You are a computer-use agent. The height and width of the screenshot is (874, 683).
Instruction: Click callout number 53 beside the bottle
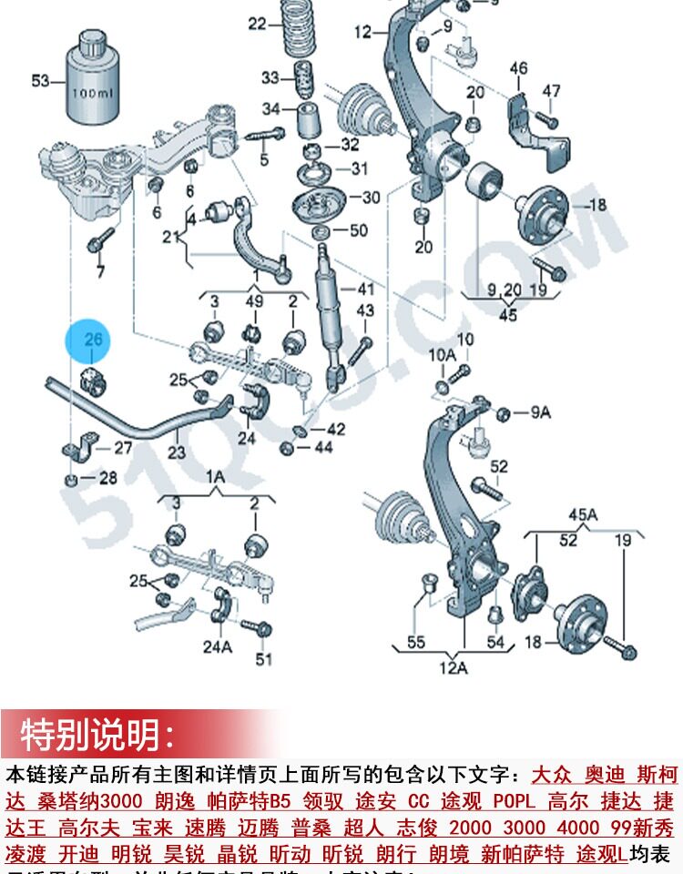40,81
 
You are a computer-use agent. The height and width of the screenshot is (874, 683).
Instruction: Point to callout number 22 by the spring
257,23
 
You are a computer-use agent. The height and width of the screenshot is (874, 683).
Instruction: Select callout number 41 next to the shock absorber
365,290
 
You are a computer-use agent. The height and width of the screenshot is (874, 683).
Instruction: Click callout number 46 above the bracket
518,68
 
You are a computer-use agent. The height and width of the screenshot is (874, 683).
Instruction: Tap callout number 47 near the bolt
552,90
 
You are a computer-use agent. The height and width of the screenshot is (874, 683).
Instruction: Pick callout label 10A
442,353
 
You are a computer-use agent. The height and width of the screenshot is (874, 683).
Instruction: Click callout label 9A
541,412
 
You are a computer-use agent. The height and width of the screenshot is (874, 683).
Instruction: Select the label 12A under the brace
454,668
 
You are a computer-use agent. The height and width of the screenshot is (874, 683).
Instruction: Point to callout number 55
416,643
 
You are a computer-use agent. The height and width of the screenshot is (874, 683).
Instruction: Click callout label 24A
218,647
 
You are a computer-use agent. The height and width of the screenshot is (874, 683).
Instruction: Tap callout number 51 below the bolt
264,659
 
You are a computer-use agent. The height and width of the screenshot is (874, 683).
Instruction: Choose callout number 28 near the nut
107,478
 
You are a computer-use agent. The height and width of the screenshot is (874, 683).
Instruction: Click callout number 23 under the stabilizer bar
176,451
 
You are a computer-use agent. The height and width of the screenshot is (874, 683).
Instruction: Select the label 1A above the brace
215,475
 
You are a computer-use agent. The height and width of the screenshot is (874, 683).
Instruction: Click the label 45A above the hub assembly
583,515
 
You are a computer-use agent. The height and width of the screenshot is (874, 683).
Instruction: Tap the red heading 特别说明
97,734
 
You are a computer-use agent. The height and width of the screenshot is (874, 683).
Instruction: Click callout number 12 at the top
363,33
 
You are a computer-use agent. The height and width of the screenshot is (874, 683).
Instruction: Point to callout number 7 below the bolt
100,271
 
